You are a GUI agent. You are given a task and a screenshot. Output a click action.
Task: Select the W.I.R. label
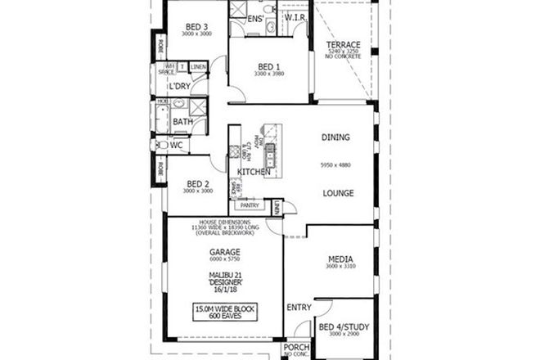point(295,16)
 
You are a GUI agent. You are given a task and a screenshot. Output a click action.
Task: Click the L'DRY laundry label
point(181,87)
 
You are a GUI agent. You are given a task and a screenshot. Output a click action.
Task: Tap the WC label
point(176,145)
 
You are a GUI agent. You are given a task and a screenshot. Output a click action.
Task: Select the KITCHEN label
point(254,171)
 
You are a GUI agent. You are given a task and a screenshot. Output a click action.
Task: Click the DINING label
point(336,138)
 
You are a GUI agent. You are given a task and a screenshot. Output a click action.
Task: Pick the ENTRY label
point(298,308)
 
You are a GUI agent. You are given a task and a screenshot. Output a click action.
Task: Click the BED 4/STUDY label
point(344,326)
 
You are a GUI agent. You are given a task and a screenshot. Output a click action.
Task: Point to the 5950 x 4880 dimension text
point(336,165)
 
